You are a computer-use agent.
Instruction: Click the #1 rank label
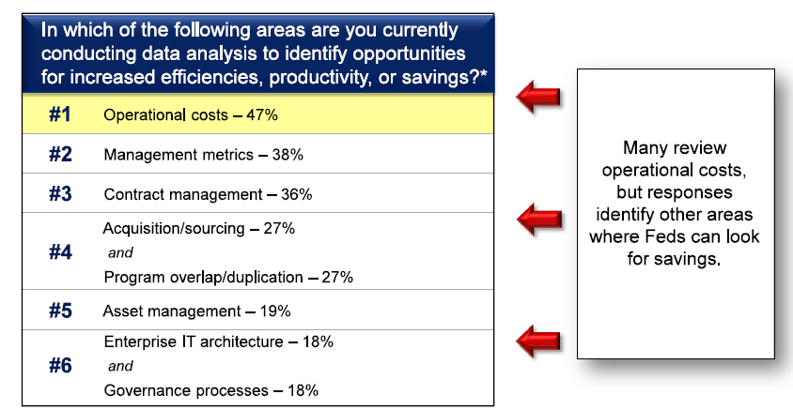click(60, 114)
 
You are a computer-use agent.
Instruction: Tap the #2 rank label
click(60, 154)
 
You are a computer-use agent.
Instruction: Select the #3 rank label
click(60, 193)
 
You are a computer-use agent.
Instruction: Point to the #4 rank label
click(60, 251)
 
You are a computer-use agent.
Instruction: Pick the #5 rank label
click(60, 311)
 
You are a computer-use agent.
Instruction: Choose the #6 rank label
click(60, 365)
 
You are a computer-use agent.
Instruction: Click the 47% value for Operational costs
click(262, 115)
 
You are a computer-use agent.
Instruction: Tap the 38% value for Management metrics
click(288, 155)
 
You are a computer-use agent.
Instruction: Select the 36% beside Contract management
click(296, 194)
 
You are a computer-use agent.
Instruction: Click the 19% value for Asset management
click(275, 311)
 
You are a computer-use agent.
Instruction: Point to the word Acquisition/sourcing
click(174, 229)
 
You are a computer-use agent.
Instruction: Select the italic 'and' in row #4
click(120, 252)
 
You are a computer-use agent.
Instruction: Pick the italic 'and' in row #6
click(120, 366)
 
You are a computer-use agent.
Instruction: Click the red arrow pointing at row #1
click(538, 97)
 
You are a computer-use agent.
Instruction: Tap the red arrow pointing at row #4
click(539, 220)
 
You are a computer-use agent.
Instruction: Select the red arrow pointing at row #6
click(538, 341)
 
